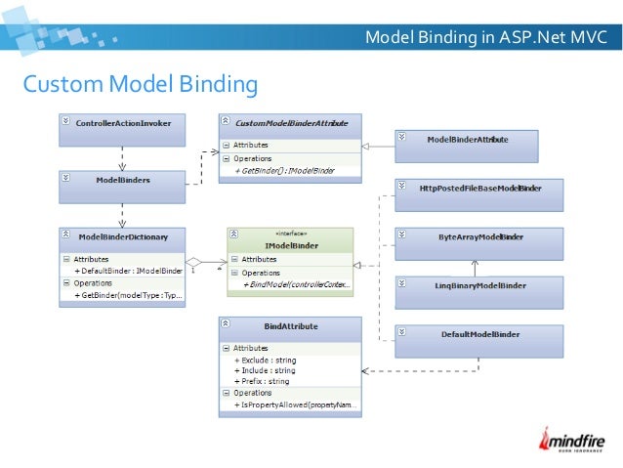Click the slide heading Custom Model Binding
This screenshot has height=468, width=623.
pyautogui.click(x=140, y=86)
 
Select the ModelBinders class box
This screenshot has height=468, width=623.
pyautogui.click(x=120, y=181)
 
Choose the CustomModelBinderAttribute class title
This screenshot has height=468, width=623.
pyautogui.click(x=290, y=122)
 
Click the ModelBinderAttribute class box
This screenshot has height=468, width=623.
pyautogui.click(x=467, y=141)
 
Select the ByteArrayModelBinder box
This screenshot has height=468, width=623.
pyautogui.click(x=479, y=237)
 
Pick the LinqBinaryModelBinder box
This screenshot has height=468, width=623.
pyautogui.click(x=479, y=287)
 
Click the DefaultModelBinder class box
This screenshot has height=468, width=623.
pyautogui.click(x=479, y=334)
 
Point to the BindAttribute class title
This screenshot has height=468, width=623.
pyautogui.click(x=291, y=326)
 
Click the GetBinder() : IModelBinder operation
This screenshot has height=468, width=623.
pyautogui.click(x=284, y=171)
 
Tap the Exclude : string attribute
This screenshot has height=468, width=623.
pyautogui.click(x=265, y=360)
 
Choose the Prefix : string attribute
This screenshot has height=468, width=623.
pyautogui.click(x=262, y=381)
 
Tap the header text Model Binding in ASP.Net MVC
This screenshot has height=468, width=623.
pyautogui.click(x=484, y=38)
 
